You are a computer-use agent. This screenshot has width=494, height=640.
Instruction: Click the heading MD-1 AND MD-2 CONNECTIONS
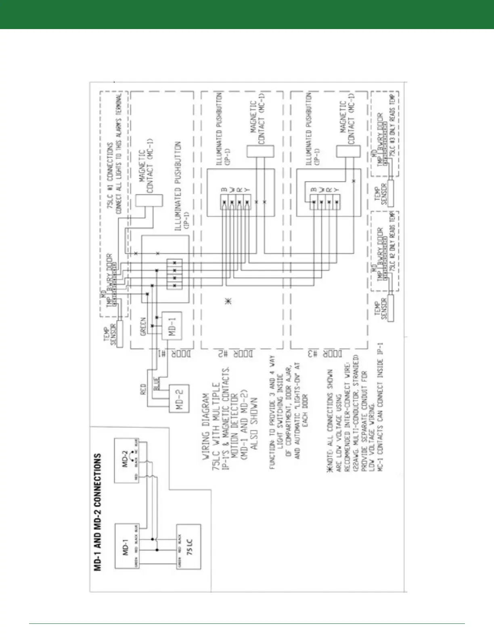click(x=97, y=511)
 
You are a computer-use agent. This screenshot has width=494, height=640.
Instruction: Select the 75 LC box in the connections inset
click(x=188, y=547)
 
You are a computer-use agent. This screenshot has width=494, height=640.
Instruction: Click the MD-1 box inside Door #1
click(x=172, y=326)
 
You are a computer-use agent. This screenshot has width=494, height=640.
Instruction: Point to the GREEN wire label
click(x=143, y=327)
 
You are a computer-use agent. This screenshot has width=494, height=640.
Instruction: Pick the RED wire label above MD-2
click(x=143, y=389)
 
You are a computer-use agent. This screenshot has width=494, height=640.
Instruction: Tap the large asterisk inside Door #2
click(x=228, y=301)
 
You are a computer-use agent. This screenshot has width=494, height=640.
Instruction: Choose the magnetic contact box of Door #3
click(x=347, y=151)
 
